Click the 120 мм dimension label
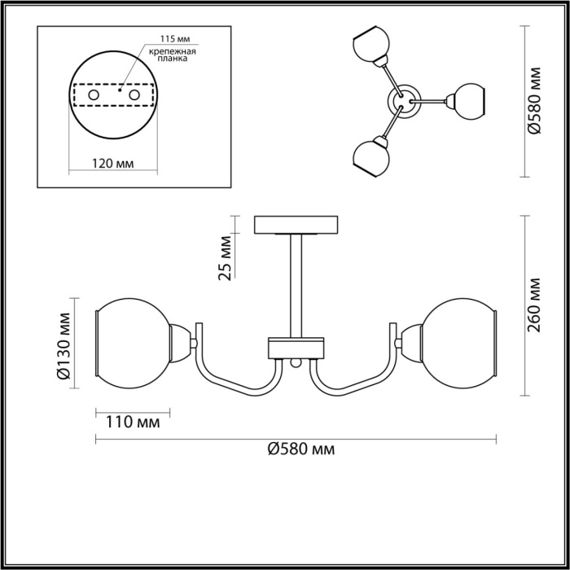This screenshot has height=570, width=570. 113,163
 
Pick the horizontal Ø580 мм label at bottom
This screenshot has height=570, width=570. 300,449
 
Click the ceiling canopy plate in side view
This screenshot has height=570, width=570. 296,224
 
